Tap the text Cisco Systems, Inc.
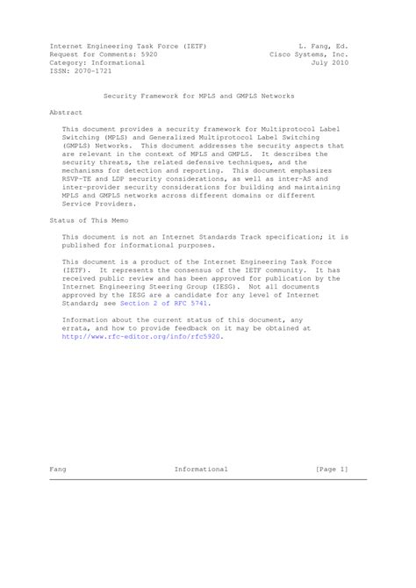coord(309,53)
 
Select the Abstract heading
coord(66,113)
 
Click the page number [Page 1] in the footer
coord(332,470)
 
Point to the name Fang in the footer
coord(58,470)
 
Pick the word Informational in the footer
coord(201,470)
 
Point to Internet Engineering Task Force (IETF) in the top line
coord(128,43)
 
